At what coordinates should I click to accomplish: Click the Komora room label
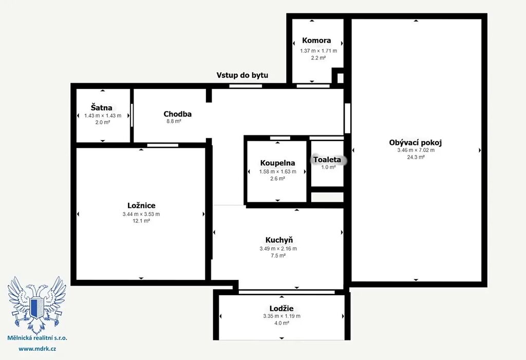coord(316,41)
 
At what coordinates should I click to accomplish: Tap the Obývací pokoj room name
coord(415,143)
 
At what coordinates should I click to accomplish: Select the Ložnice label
coord(141,205)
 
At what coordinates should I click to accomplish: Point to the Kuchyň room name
coord(279,240)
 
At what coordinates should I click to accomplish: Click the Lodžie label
coord(281,308)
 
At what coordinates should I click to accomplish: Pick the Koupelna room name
coord(277,163)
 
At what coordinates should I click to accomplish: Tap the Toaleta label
coord(327,160)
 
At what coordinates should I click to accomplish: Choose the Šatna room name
coord(102,108)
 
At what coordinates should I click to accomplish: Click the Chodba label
coord(177,114)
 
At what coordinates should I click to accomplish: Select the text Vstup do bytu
coord(242,75)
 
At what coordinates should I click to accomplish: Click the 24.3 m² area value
coord(416,157)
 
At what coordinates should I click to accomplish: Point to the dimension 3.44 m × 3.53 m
coord(141,214)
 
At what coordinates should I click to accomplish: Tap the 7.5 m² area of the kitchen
coord(278,256)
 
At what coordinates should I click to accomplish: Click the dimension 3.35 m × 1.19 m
coord(282,316)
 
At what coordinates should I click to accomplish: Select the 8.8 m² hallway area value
coord(174,121)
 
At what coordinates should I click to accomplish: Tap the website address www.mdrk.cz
coord(37,349)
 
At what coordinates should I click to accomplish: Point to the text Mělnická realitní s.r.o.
coord(37,338)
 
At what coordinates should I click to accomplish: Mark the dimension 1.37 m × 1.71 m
coord(318,51)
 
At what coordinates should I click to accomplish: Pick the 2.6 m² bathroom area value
coord(278,179)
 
